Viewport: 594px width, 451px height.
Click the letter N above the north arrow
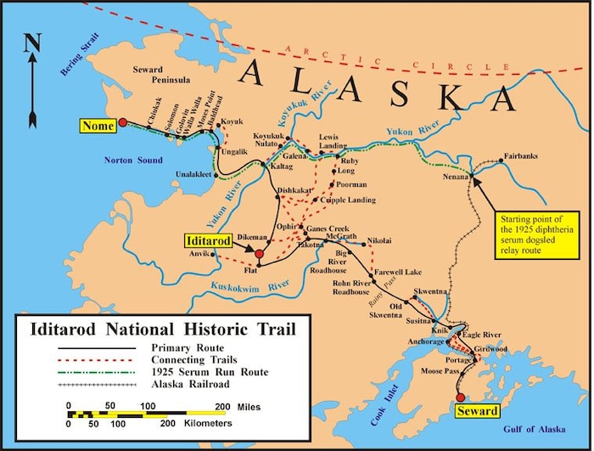click(x=32, y=42)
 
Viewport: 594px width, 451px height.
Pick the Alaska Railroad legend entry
click(x=191, y=384)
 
